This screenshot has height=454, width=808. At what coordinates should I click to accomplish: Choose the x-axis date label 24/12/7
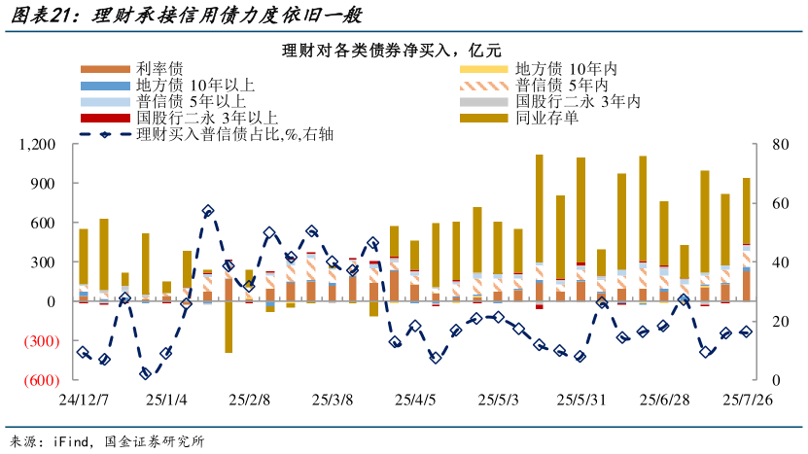83,400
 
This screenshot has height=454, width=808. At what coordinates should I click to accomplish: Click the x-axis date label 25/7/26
747,400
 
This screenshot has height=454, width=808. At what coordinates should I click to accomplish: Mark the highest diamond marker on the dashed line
207,211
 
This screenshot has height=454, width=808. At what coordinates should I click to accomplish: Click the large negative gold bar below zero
228,327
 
